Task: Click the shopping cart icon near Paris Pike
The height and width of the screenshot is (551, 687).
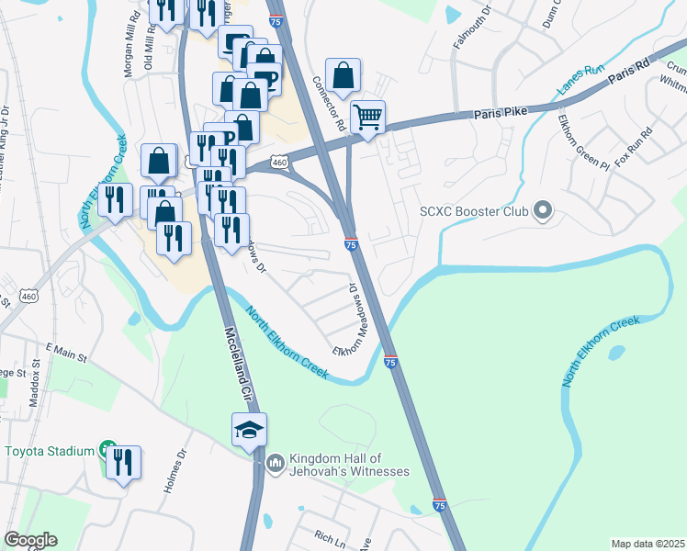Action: pos(367,117)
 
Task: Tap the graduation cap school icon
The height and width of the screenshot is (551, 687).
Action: pos(249,430)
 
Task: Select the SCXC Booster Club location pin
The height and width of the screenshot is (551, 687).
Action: pos(542,211)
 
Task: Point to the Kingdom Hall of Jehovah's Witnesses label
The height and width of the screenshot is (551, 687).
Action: pos(348,465)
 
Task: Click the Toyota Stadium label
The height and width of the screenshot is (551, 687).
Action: pos(51,451)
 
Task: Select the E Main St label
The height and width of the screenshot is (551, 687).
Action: pos(65,354)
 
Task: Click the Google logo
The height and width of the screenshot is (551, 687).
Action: pos(30,540)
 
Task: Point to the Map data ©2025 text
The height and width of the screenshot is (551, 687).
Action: pos(648,544)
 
